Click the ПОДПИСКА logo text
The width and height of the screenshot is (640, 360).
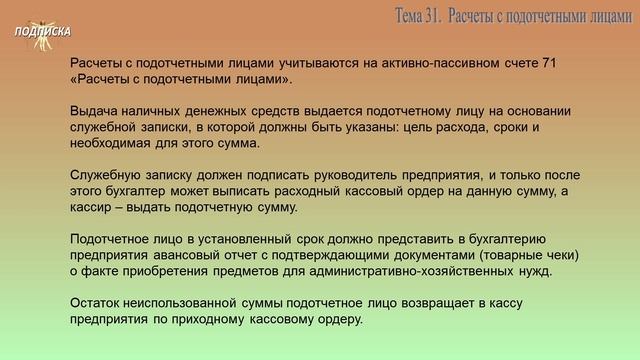42,31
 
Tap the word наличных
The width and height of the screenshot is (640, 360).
154,112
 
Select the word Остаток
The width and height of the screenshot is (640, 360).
98,304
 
